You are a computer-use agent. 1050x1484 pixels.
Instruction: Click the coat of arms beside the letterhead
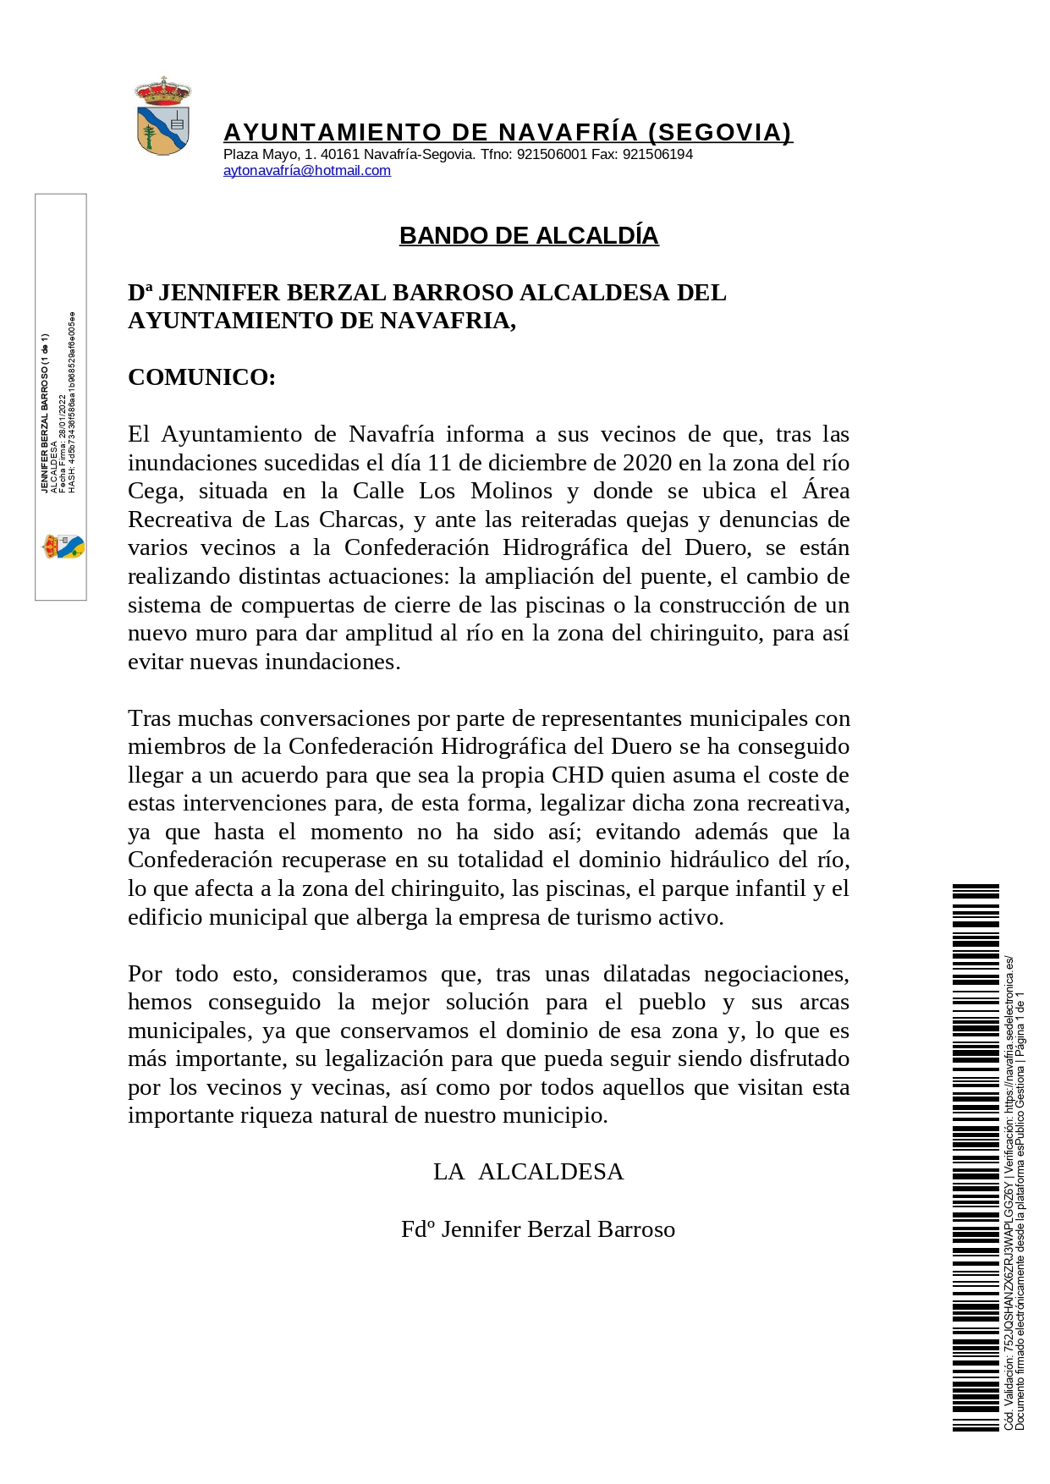(162, 118)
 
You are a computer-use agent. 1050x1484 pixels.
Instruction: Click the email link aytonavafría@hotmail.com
(306, 171)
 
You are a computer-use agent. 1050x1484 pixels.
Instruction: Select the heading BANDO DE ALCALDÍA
(528, 236)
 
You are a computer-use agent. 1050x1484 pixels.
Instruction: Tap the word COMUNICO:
(201, 377)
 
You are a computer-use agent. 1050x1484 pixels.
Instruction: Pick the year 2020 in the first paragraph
(647, 463)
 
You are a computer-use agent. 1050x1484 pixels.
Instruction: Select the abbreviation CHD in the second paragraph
(578, 776)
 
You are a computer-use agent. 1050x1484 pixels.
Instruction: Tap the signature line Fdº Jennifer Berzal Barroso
(538, 1229)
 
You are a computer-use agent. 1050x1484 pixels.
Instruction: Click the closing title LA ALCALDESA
(528, 1172)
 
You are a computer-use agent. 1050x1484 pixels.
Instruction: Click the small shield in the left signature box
(63, 547)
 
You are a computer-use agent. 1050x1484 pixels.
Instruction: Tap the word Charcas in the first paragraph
(359, 519)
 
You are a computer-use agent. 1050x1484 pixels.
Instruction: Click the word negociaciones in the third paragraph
(773, 974)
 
